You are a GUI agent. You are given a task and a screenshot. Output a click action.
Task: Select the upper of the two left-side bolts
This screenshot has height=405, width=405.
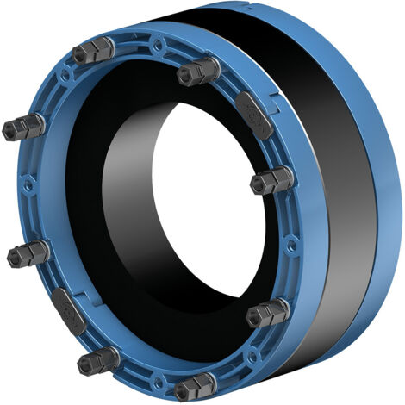[x=24, y=128]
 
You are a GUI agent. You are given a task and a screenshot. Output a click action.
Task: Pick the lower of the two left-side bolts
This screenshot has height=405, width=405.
[x=28, y=253]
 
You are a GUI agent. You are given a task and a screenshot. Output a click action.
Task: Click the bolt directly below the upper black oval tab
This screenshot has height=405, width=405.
[x=271, y=181]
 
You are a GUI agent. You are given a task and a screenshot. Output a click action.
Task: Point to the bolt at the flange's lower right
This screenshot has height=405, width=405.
[x=266, y=313]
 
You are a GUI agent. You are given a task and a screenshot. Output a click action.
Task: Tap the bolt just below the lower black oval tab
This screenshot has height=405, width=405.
[x=97, y=360]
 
